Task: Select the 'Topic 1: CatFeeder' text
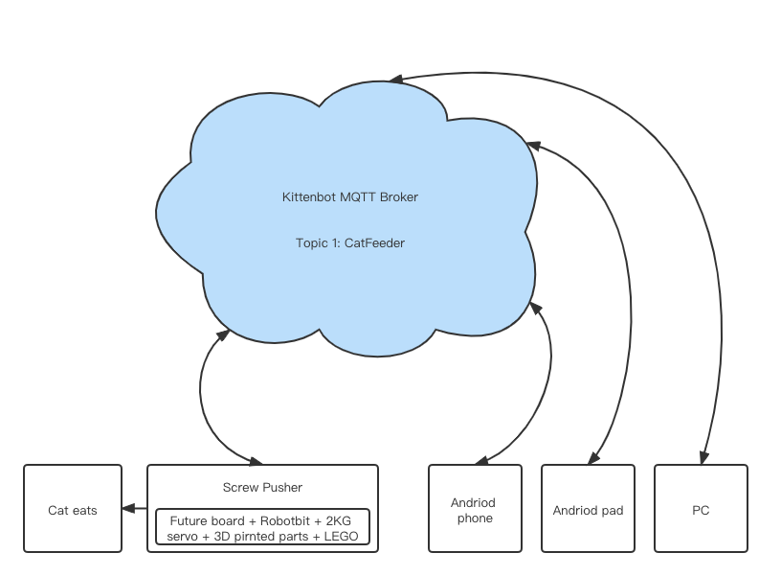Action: point(350,243)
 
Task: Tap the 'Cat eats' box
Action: point(73,510)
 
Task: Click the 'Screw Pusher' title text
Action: point(262,487)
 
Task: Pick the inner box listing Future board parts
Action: point(262,527)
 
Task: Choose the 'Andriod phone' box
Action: point(475,509)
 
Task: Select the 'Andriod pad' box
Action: point(588,510)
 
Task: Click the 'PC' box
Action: point(701,510)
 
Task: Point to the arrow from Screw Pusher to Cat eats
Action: point(135,509)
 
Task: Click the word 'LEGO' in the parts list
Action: point(340,536)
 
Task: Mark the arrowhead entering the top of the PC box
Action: point(704,458)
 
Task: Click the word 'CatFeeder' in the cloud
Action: point(374,243)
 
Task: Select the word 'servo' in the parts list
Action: point(182,536)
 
